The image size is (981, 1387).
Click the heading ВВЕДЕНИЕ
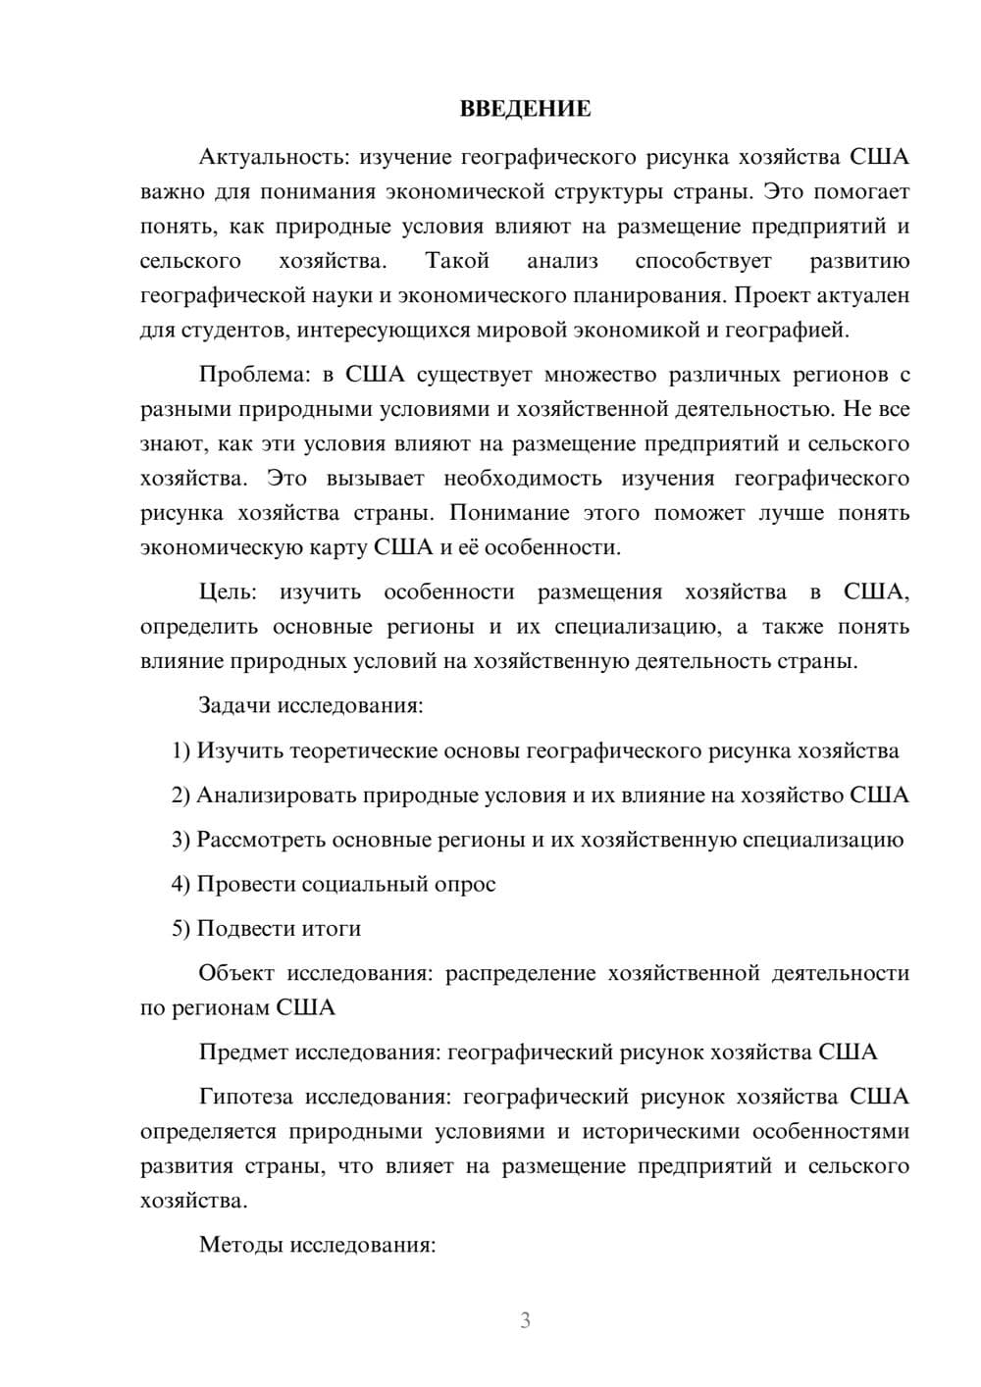pos(525,109)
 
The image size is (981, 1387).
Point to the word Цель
pos(228,592)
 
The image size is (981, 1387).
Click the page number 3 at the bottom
pos(525,1320)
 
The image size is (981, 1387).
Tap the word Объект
pos(235,973)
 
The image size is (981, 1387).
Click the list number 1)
pos(181,751)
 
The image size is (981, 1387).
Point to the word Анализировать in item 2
pos(276,796)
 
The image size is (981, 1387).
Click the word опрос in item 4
pos(464,884)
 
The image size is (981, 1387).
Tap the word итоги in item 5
pos(330,929)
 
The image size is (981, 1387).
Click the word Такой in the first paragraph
pos(456,261)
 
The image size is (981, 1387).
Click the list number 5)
pos(181,929)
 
